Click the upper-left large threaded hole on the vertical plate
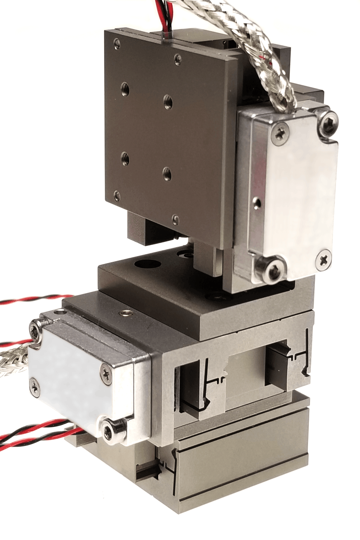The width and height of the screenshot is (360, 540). pyautogui.click(x=125, y=89)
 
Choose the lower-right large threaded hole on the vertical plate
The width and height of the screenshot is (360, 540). pyautogui.click(x=167, y=173)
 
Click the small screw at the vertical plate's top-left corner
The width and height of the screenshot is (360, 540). pyautogui.click(x=117, y=43)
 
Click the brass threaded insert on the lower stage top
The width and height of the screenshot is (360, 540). pyautogui.click(x=126, y=313)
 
